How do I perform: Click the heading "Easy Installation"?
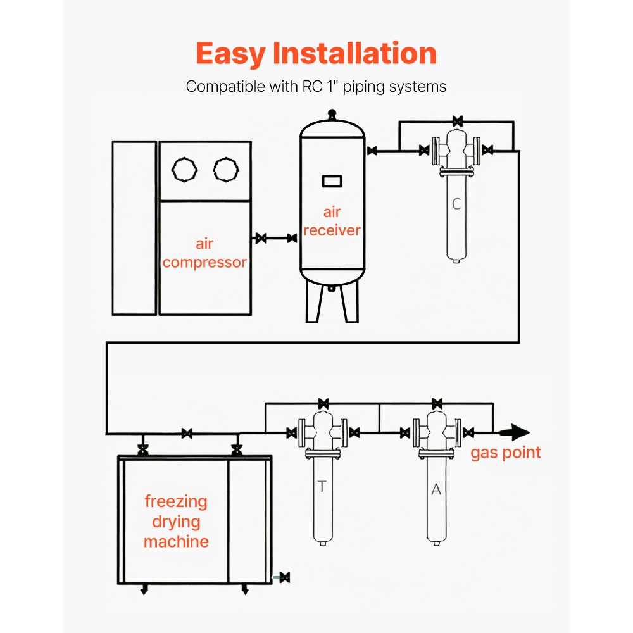point(316,53)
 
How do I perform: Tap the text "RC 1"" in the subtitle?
point(317,87)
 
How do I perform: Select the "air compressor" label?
point(204,253)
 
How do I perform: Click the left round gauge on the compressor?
point(185,169)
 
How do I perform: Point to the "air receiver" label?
point(332,221)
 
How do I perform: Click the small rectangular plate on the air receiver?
point(332,181)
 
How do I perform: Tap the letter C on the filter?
point(456,204)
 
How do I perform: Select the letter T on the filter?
point(322,487)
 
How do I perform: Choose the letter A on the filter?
point(436,489)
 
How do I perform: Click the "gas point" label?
point(505,453)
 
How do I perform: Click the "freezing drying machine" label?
point(176,522)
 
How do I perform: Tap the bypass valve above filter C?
point(456,120)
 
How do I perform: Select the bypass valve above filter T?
point(323,403)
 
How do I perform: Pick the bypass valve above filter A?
point(436,403)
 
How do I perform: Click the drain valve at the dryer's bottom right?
point(284,577)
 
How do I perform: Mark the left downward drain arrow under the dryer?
point(144,591)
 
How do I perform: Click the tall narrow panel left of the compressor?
point(134,228)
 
